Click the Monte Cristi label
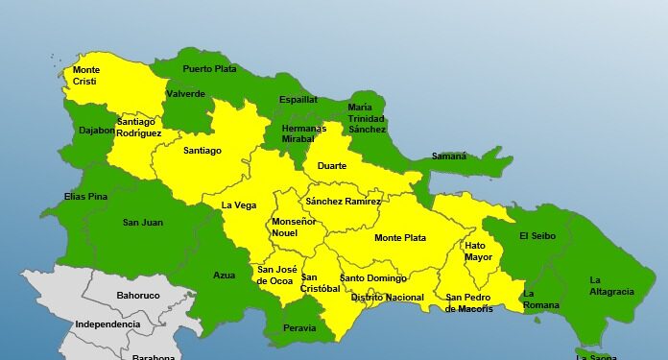85,76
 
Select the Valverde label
185,94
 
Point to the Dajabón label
97,131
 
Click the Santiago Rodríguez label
139,128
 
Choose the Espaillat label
298,99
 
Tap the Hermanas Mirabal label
304,133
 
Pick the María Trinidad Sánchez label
367,118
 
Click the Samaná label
448,156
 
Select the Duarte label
331,166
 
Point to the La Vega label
238,204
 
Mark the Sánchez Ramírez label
343,202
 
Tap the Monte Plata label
400,238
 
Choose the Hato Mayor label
478,251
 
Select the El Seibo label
537,235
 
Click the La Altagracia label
610,285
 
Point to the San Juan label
142,223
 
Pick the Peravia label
299,328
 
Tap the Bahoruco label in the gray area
136,296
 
